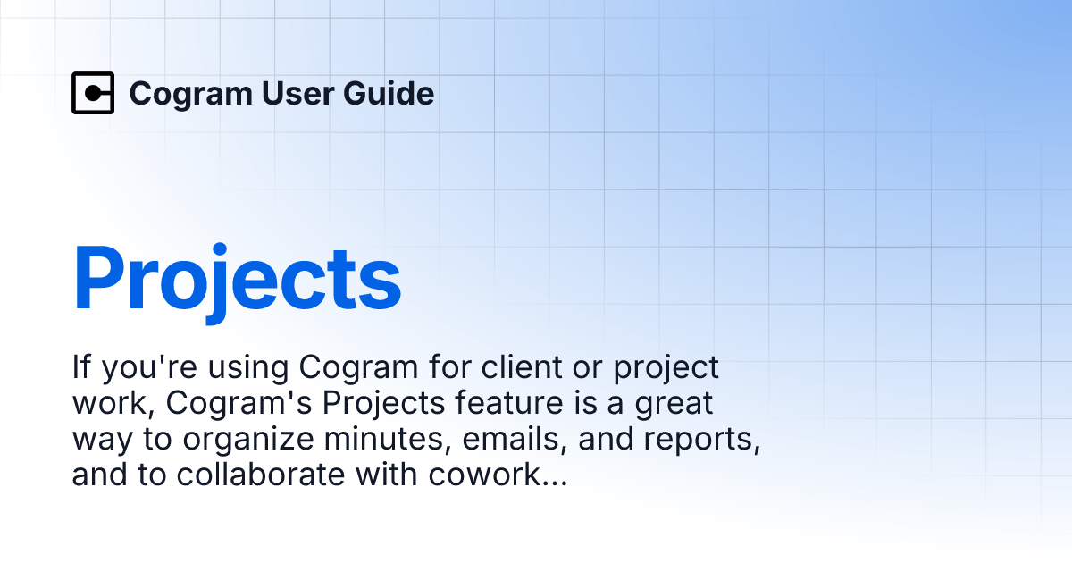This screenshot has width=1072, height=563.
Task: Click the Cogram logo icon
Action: click(x=93, y=93)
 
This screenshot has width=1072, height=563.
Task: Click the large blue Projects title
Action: click(x=237, y=279)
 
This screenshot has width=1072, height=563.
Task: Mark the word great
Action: click(x=669, y=404)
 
